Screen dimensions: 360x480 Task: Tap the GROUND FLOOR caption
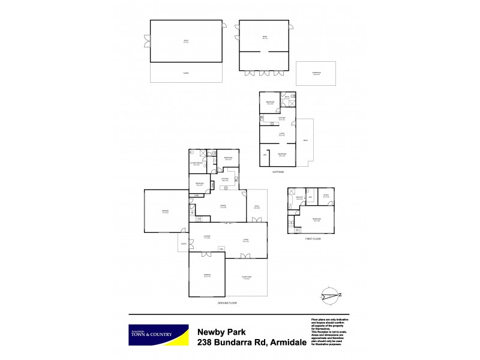[228, 303]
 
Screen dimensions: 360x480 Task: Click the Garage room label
[165, 211]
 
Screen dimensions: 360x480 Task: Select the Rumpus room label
[206, 276]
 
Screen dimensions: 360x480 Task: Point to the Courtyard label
[246, 277]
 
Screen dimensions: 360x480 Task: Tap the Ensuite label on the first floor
[299, 197]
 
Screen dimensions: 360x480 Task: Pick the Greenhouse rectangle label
[316, 74]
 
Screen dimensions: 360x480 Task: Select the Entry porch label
[184, 244]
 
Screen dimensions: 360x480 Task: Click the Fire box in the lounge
[221, 249]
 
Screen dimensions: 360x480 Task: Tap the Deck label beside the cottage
[305, 141]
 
